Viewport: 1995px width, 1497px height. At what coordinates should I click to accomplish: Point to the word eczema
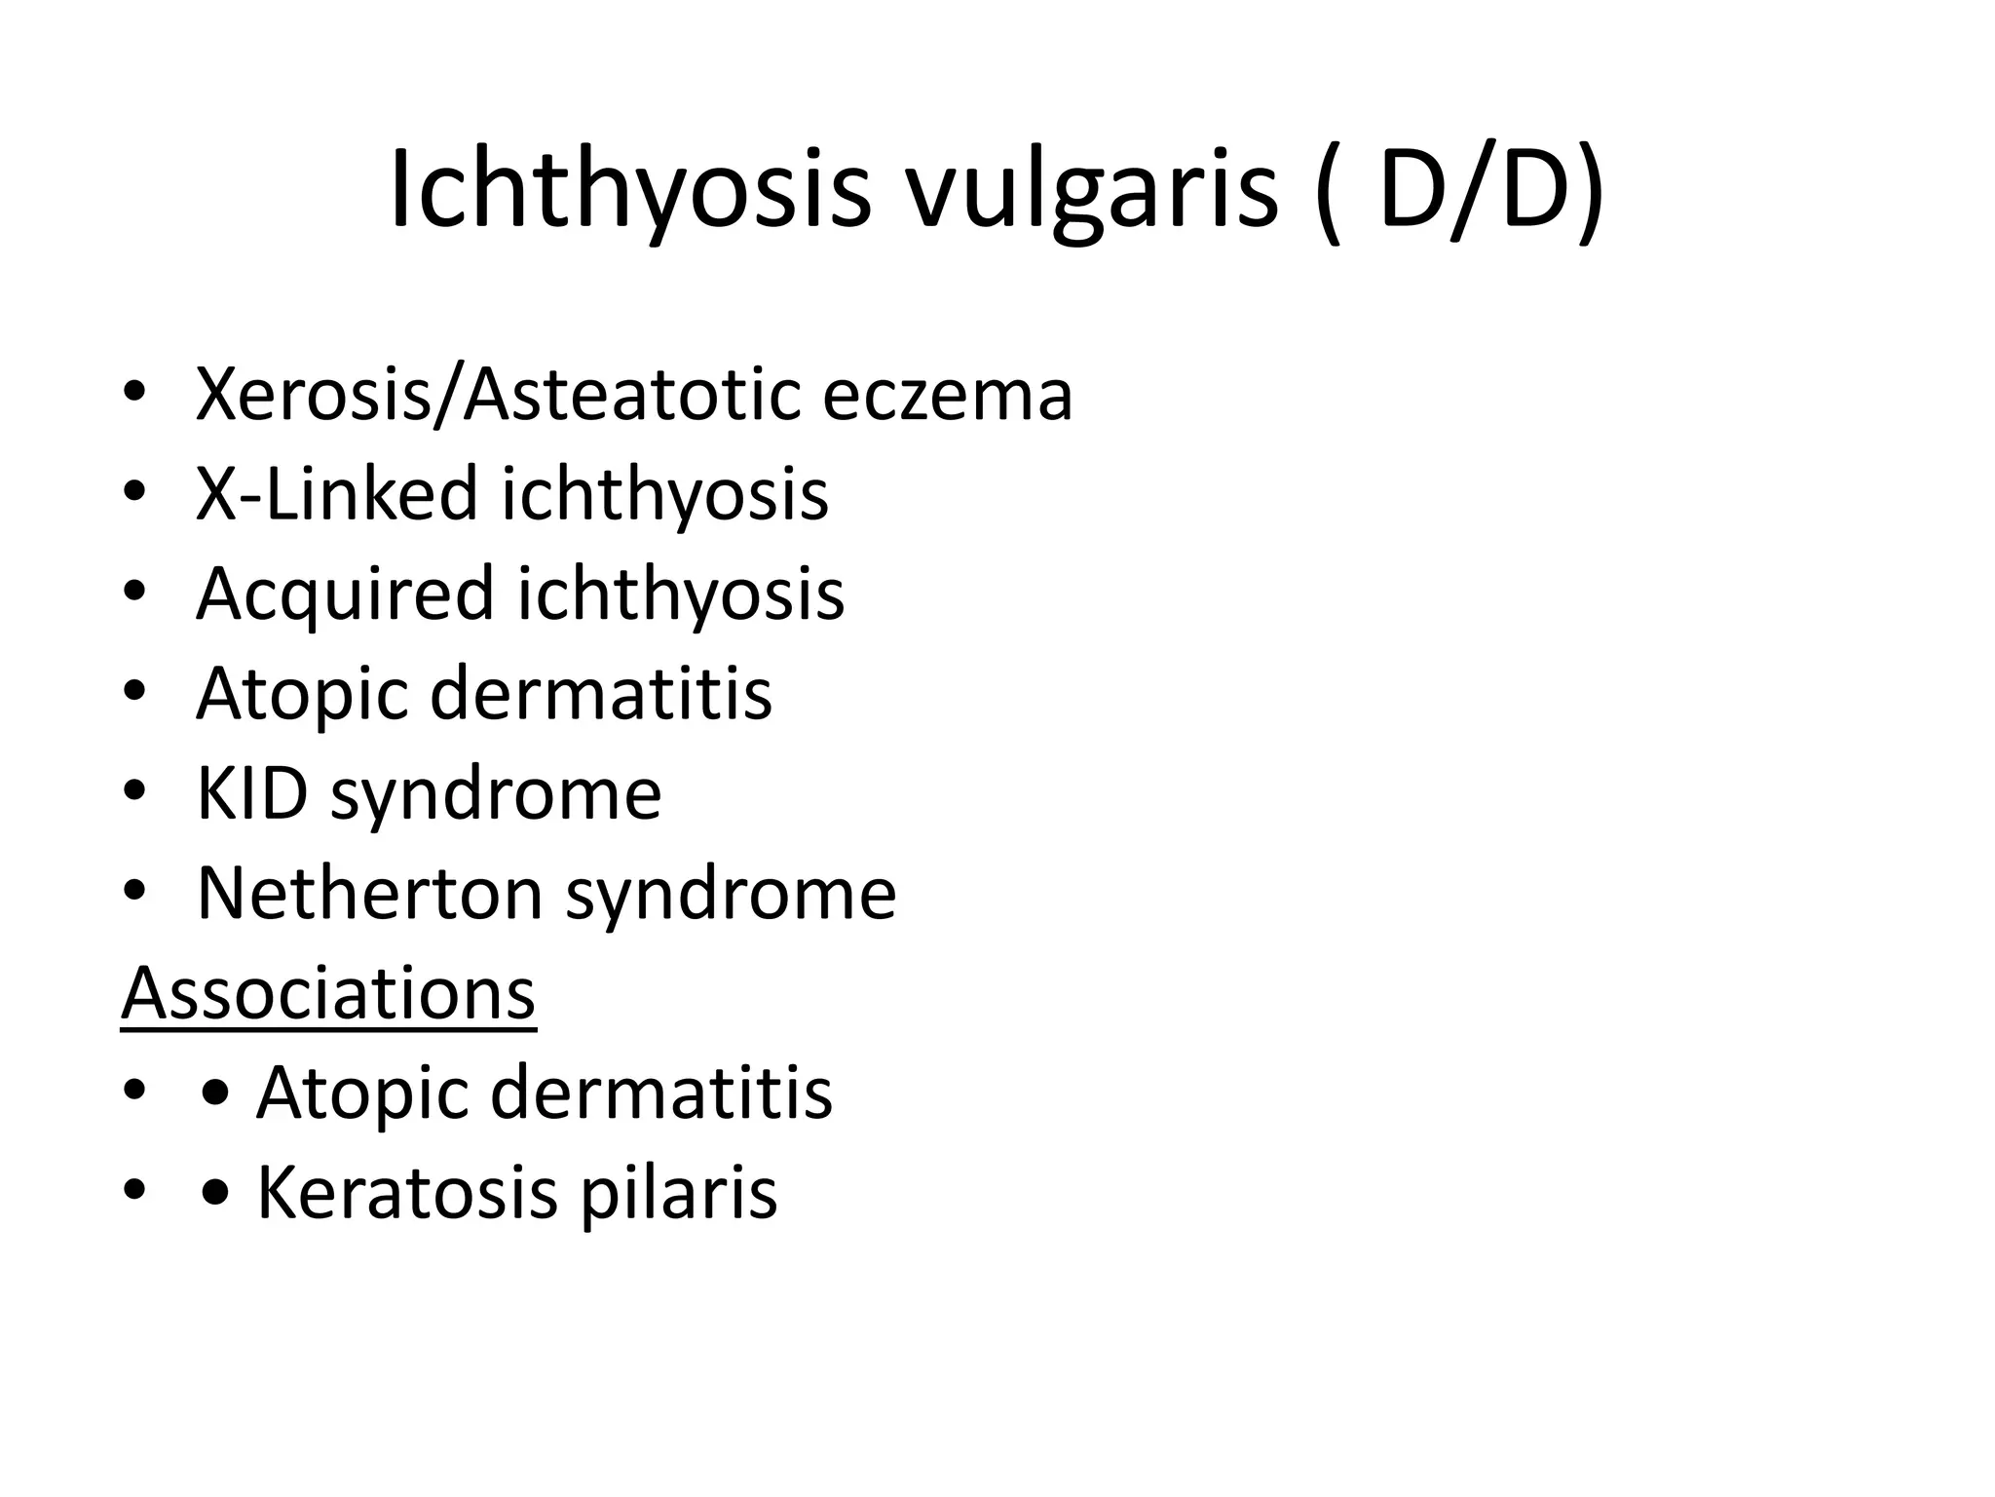[x=947, y=397]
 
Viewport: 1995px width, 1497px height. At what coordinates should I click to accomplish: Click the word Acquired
[x=345, y=595]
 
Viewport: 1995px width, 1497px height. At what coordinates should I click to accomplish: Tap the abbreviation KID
[x=252, y=793]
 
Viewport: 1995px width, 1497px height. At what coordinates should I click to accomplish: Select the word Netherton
[x=369, y=893]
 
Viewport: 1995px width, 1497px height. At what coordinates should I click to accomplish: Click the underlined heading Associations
[x=328, y=994]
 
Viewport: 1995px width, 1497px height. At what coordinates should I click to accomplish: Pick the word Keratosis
[x=407, y=1193]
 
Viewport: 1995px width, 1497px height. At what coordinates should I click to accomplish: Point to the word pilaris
[x=679, y=1193]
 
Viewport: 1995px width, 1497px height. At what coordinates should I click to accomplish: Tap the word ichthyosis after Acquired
[x=681, y=595]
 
